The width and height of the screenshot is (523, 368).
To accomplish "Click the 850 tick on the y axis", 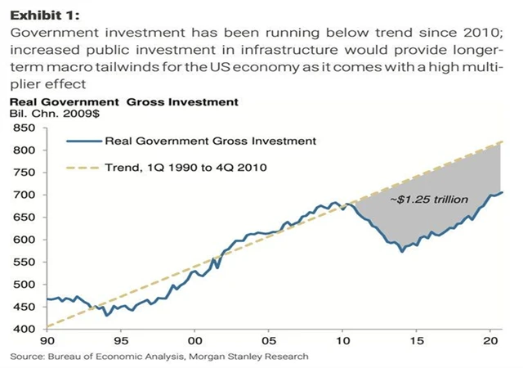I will point(23,128).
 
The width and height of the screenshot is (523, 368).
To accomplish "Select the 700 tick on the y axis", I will point(23,195).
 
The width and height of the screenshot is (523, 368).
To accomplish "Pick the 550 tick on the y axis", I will point(23,263).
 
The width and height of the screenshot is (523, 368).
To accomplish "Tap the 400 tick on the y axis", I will point(23,329).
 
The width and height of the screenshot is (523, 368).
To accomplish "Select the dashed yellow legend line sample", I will point(82,167).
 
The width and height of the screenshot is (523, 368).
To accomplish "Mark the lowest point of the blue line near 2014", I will point(401,251).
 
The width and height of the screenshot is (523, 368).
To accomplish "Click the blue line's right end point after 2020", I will point(502,192).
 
